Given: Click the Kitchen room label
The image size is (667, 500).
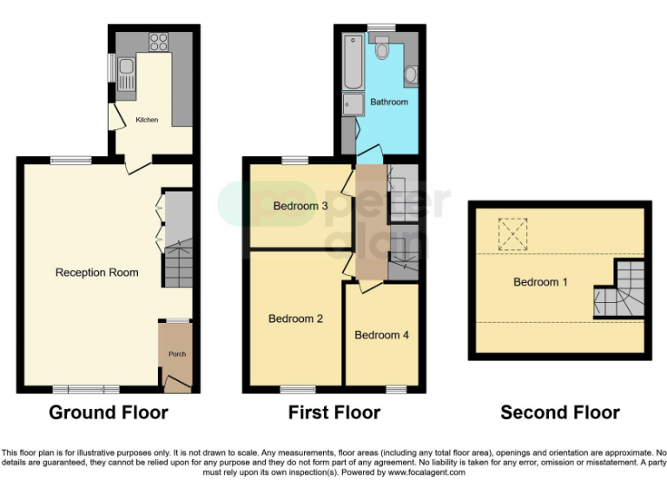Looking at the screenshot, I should [147, 120].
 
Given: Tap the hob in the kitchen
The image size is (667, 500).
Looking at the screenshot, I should [158, 41].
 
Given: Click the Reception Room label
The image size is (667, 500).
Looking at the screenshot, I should [97, 273].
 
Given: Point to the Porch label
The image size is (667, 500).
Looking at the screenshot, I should [176, 354].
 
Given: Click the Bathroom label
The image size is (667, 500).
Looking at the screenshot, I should [388, 102].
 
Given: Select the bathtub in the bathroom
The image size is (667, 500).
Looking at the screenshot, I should [352, 62].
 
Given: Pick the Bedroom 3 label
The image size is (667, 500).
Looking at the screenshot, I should [300, 207].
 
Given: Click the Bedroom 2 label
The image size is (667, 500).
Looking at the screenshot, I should [295, 319].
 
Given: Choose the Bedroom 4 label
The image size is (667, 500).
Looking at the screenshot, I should [381, 335].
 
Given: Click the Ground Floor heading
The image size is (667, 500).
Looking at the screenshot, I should [109, 412].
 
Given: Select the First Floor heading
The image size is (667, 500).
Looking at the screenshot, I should [334, 412].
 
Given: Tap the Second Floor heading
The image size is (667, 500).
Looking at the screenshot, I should [560, 412].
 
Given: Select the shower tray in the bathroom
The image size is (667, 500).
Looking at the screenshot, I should [353, 105].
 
